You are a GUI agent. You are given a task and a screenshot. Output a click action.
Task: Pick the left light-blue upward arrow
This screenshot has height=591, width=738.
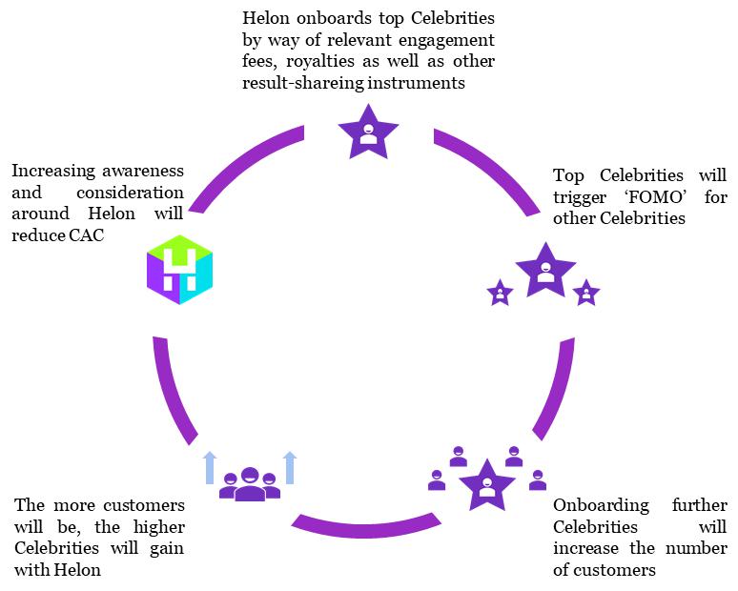(x=209, y=468)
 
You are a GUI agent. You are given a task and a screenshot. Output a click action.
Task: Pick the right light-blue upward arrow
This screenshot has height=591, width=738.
(x=291, y=468)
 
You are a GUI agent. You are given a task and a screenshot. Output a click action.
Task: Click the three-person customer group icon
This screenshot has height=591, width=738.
(x=250, y=483)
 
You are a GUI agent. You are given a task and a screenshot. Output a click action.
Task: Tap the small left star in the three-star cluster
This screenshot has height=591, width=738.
(x=500, y=294)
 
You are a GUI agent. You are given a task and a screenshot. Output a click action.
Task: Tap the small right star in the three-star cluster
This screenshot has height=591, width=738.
(x=587, y=294)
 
